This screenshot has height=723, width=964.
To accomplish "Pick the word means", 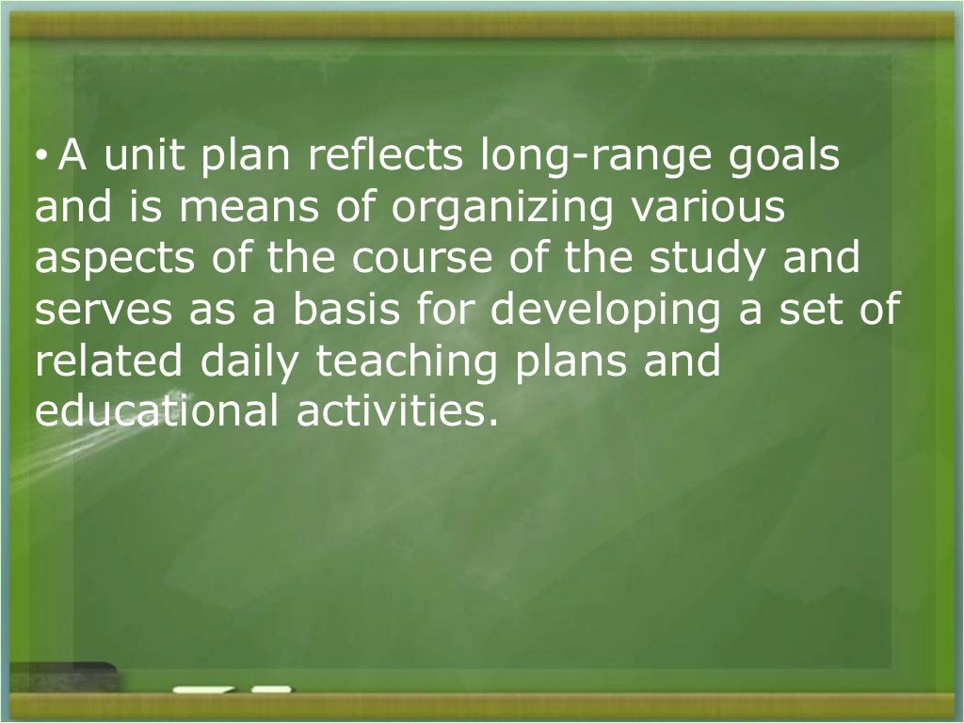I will point(248,209).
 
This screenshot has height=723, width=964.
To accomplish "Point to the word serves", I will point(93,311).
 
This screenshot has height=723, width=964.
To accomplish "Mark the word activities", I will point(390,412).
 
